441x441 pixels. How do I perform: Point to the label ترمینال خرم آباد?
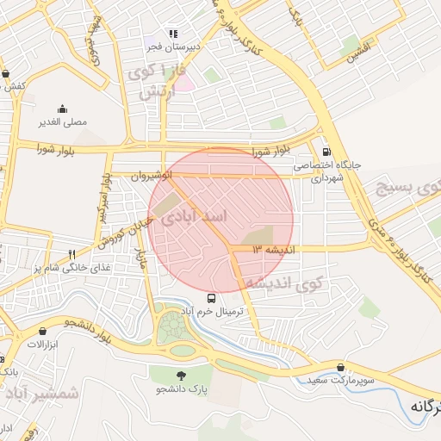point(213,310)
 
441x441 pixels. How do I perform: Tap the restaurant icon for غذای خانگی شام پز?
point(72,254)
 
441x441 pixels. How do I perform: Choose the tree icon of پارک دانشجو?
point(182,376)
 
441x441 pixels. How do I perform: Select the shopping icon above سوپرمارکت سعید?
point(342,367)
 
